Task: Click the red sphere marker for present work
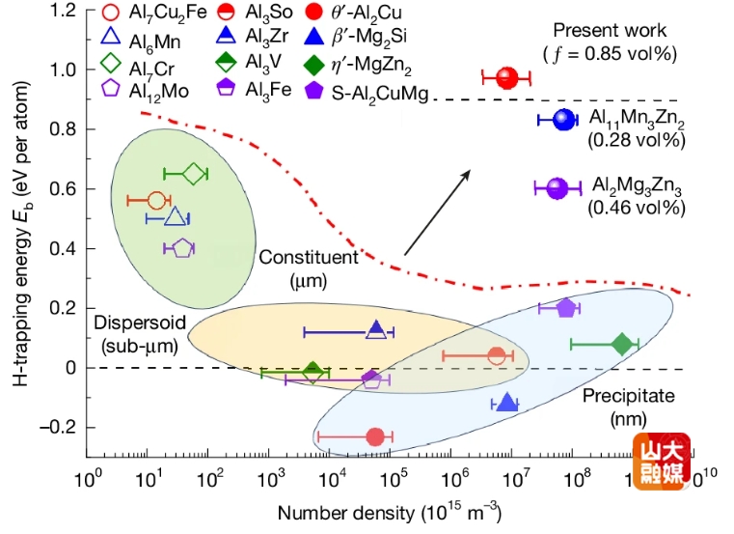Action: (x=507, y=78)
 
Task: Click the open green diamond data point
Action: (x=194, y=174)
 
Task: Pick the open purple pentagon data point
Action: (x=181, y=248)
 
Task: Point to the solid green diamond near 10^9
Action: (x=622, y=344)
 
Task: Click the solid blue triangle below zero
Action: (x=506, y=403)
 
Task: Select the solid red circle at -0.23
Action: (x=376, y=437)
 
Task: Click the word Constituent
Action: (x=308, y=258)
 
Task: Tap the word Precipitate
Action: (x=629, y=396)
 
